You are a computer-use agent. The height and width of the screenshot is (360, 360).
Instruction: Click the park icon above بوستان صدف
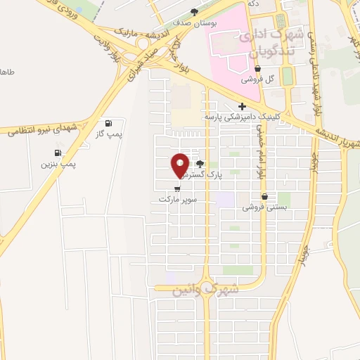[195, 12]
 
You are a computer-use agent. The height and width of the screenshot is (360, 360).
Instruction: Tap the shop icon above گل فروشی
[258, 69]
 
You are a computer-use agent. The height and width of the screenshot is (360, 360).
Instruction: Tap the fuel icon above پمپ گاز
[108, 122]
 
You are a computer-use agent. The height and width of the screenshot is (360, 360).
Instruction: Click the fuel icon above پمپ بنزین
[57, 153]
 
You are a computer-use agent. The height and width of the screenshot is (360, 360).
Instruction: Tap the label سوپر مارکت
[176, 200]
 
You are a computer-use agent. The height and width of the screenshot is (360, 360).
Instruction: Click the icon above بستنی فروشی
[264, 197]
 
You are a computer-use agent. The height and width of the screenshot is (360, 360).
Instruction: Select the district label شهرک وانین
[206, 289]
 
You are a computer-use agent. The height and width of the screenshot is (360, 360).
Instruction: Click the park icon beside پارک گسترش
[200, 163]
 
